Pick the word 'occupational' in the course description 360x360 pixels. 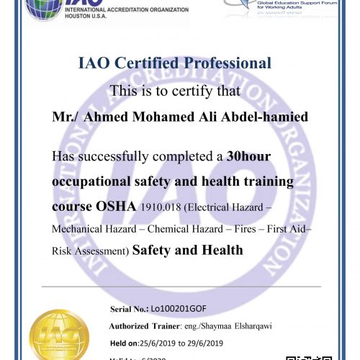pyautogui.click(x=95, y=180)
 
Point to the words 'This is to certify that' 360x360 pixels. pyautogui.click(x=179, y=91)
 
